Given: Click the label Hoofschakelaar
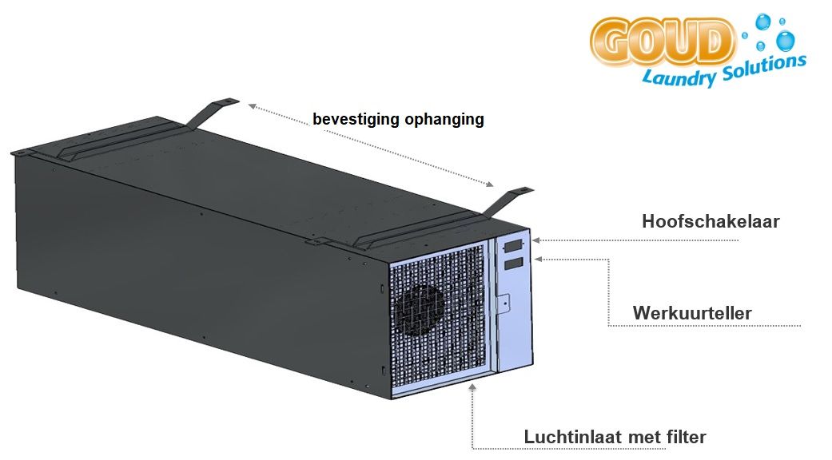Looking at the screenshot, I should [711, 221].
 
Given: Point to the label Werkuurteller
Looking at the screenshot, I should [692, 312].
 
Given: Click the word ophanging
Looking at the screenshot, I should [444, 120].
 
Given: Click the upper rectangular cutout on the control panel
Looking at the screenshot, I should [512, 245].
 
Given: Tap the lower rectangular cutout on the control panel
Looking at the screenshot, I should [512, 263].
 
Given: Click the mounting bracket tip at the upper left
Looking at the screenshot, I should [228, 101].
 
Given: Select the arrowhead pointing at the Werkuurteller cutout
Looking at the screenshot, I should [537, 258].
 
